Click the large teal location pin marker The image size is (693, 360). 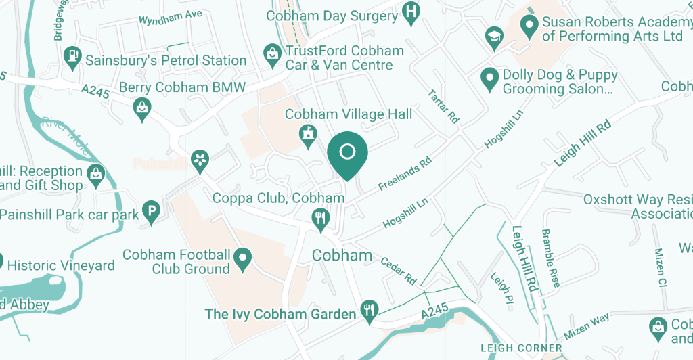pyautogui.click(x=347, y=153)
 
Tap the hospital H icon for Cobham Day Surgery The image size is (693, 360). pyautogui.click(x=410, y=12)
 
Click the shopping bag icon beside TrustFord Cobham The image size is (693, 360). pyautogui.click(x=271, y=53)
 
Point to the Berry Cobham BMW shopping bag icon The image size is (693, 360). pyautogui.click(x=142, y=108)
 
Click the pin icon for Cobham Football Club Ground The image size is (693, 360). pyautogui.click(x=242, y=258)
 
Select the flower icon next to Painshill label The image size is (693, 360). pyautogui.click(x=200, y=160)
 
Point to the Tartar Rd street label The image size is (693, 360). pyautogui.click(x=444, y=106)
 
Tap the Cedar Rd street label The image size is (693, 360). pyautogui.click(x=397, y=270)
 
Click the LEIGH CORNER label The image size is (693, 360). pyautogui.click(x=521, y=348)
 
